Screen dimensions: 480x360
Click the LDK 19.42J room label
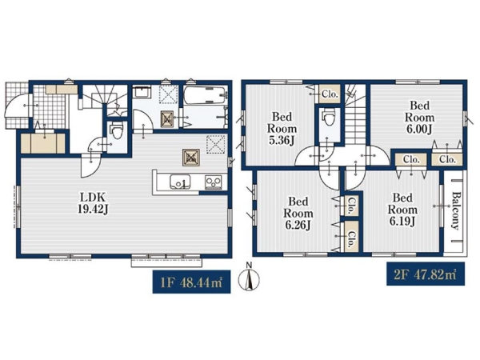(x=93, y=202)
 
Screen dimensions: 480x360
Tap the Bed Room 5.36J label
(x=282, y=129)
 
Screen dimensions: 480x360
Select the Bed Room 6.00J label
(x=420, y=118)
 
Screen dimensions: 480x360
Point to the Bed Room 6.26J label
(x=298, y=214)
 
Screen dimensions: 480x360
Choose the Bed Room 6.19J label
(x=402, y=210)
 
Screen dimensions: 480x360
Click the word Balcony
(x=456, y=210)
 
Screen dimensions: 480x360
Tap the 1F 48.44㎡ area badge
(x=192, y=282)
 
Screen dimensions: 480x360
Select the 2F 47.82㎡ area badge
(x=426, y=274)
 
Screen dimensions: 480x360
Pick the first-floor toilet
(x=116, y=130)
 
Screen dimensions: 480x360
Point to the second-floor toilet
(x=329, y=117)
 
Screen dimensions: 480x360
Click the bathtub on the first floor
(x=206, y=95)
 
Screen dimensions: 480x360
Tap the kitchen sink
(x=180, y=182)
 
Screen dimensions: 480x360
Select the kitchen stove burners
(x=214, y=182)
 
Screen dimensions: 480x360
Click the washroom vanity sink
(x=142, y=92)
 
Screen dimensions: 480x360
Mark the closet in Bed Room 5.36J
(x=330, y=94)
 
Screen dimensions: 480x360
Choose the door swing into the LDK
(x=90, y=166)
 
